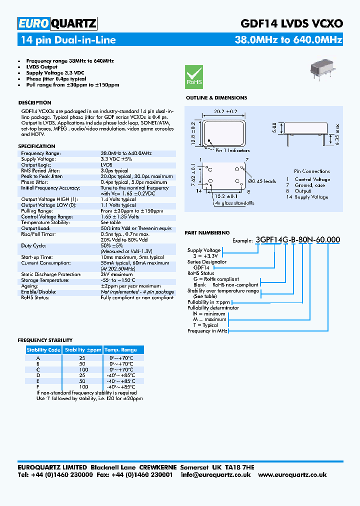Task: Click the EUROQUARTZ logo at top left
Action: [x=57, y=23]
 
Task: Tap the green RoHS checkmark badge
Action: [x=194, y=76]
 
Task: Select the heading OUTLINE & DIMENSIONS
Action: [x=216, y=98]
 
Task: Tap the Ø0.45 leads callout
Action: [x=262, y=181]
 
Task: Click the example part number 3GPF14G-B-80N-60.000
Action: [x=297, y=239]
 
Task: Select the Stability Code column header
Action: [x=43, y=350]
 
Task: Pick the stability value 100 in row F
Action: [x=83, y=386]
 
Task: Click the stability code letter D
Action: [x=38, y=375]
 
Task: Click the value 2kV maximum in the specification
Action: [x=116, y=274]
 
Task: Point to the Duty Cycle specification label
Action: [x=34, y=246]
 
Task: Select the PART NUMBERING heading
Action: [x=207, y=233]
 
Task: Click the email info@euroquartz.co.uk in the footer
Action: [x=215, y=474]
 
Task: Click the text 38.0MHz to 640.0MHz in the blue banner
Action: [x=288, y=40]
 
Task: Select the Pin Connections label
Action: [x=312, y=171]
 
